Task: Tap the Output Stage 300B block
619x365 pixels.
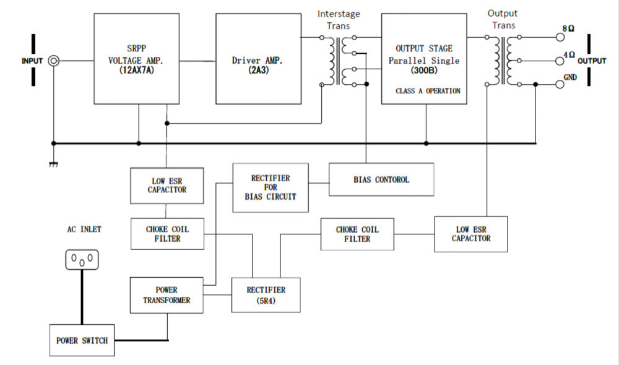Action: click(424, 59)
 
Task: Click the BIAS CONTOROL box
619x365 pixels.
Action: click(381, 179)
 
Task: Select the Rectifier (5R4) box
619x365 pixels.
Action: click(266, 294)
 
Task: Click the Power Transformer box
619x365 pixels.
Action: click(167, 294)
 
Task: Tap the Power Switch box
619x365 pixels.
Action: click(82, 340)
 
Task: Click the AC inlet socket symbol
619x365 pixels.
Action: click(82, 259)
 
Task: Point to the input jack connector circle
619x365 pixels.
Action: click(54, 61)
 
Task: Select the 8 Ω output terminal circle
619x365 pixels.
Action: click(561, 37)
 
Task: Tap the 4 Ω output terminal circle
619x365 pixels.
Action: click(561, 61)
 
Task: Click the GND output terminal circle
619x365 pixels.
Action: click(561, 84)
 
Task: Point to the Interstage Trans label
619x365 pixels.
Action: click(338, 19)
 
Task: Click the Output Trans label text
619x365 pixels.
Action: click(502, 19)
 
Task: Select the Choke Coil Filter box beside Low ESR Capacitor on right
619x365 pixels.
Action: click(357, 234)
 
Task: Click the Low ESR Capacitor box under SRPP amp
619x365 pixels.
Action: click(167, 185)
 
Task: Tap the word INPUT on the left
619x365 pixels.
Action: click(32, 61)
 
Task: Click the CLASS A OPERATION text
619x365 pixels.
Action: click(428, 91)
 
